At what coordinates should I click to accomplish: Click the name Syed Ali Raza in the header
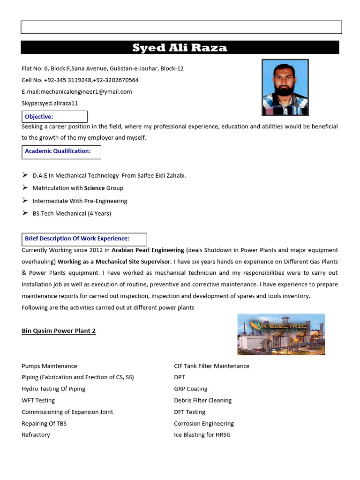pos(180,48)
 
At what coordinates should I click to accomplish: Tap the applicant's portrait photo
pos(285,87)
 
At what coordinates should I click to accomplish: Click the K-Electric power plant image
pos(281,334)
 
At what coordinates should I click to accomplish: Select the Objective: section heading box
pos(54,117)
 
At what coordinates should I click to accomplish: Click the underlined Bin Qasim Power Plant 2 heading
pos(59,331)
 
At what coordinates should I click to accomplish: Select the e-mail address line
pos(77,92)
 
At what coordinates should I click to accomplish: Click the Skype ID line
pos(50,103)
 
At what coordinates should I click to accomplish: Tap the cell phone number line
pos(80,80)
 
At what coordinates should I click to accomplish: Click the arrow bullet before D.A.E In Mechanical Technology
pos(25,175)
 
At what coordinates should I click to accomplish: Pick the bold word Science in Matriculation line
pos(94,188)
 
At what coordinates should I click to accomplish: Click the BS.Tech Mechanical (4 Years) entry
pos(72,213)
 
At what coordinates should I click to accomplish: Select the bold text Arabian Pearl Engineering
pos(148,250)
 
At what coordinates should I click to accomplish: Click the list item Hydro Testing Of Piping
pos(53,389)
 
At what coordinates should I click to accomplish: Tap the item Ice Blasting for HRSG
pos(202,435)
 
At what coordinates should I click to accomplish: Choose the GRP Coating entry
pos(190,389)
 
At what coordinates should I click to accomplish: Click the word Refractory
pos(36,435)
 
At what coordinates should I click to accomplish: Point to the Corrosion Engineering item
pos(203,423)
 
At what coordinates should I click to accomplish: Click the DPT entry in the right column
pos(180,377)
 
